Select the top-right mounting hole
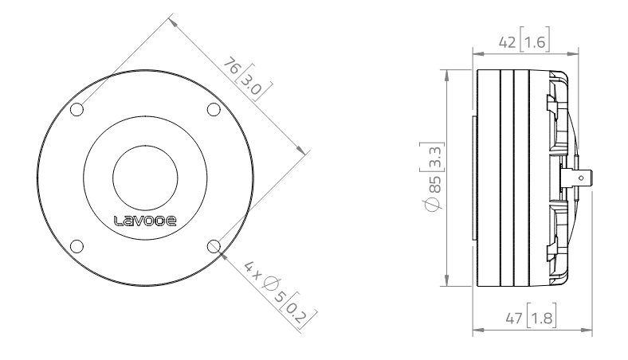pyautogui.click(x=213, y=110)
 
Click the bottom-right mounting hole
pyautogui.click(x=213, y=246)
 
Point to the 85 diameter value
pyautogui.click(x=435, y=186)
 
